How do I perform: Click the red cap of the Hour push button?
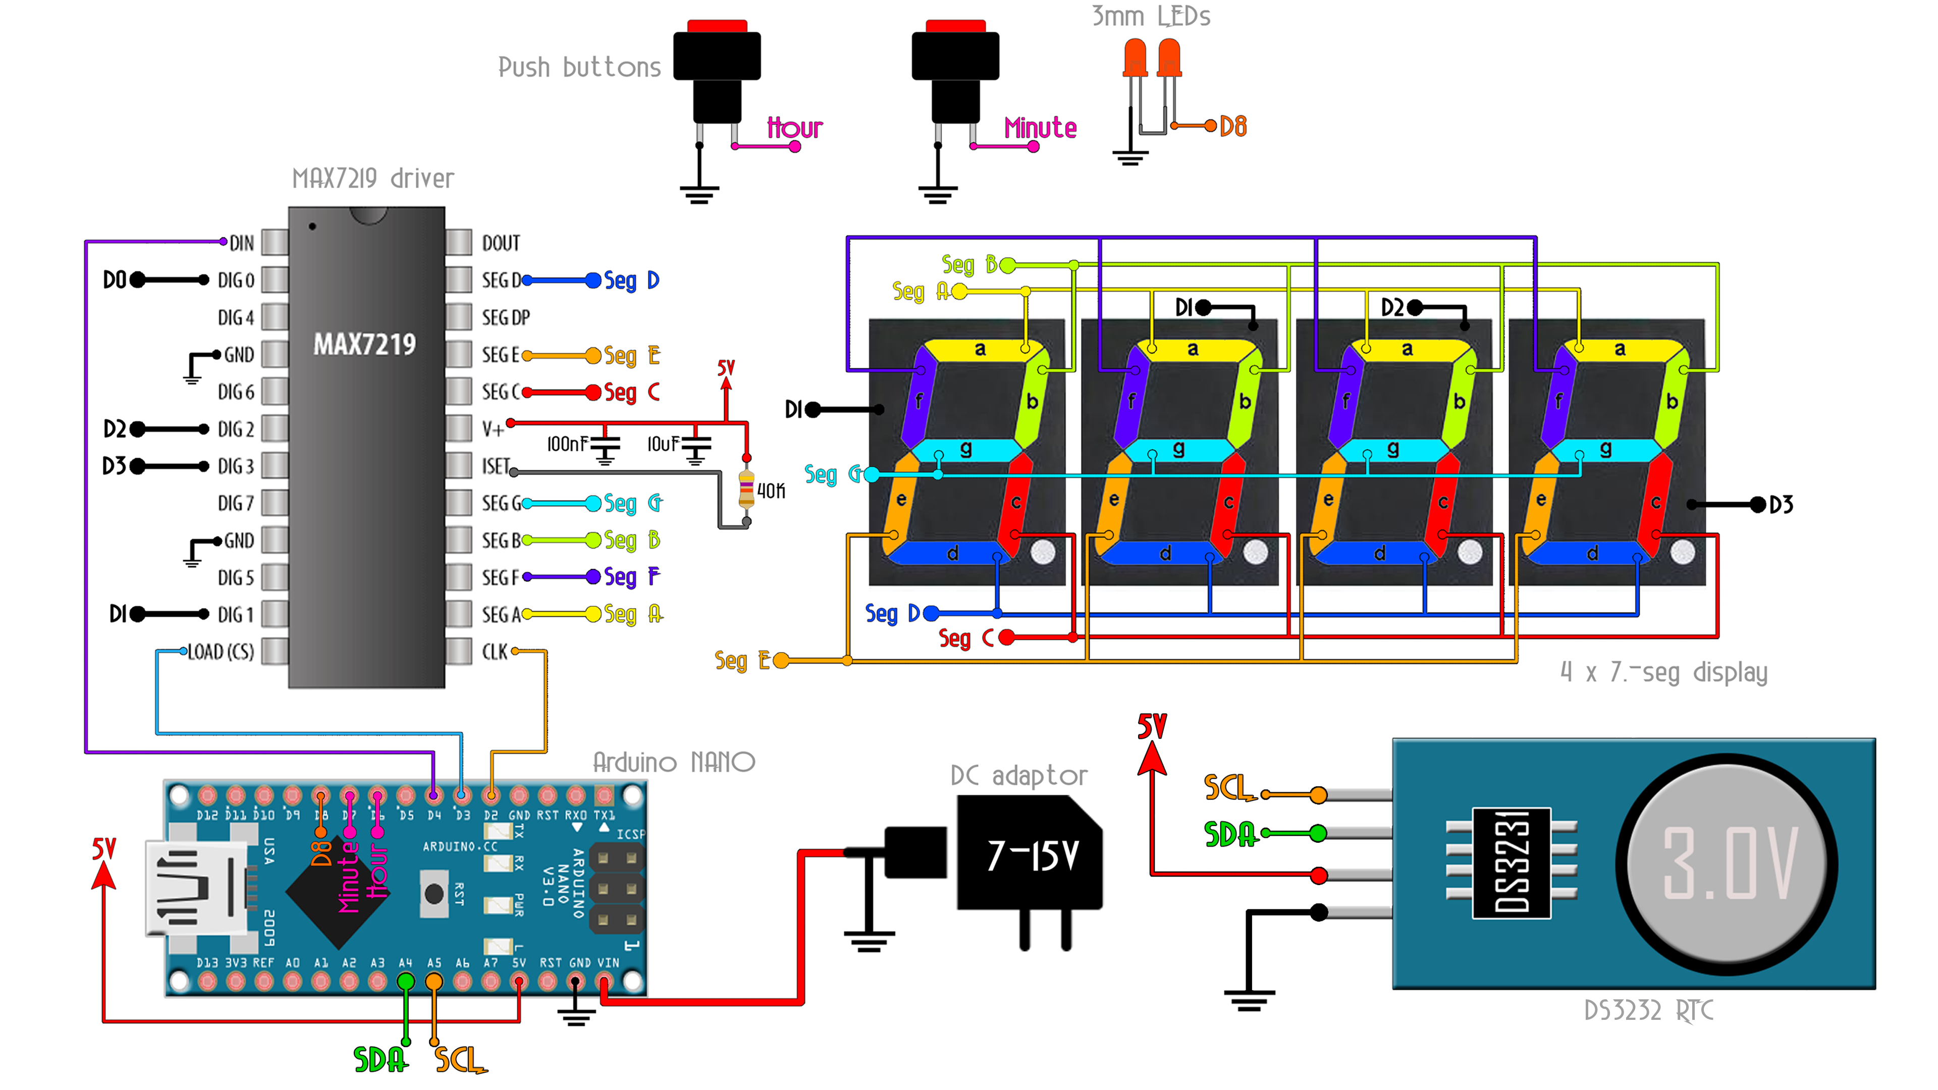(717, 26)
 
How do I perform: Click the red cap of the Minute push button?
(955, 26)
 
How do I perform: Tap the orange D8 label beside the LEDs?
(1233, 126)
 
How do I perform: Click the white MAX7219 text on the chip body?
(365, 345)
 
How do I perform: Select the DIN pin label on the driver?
(242, 243)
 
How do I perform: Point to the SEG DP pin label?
(506, 317)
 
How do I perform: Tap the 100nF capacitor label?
(566, 444)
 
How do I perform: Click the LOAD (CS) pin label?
(221, 651)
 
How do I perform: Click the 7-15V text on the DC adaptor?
(1033, 856)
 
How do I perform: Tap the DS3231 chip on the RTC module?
(1512, 863)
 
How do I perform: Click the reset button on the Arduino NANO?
(434, 894)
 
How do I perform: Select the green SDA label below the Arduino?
(380, 1059)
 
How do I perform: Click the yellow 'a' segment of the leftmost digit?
(980, 349)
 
